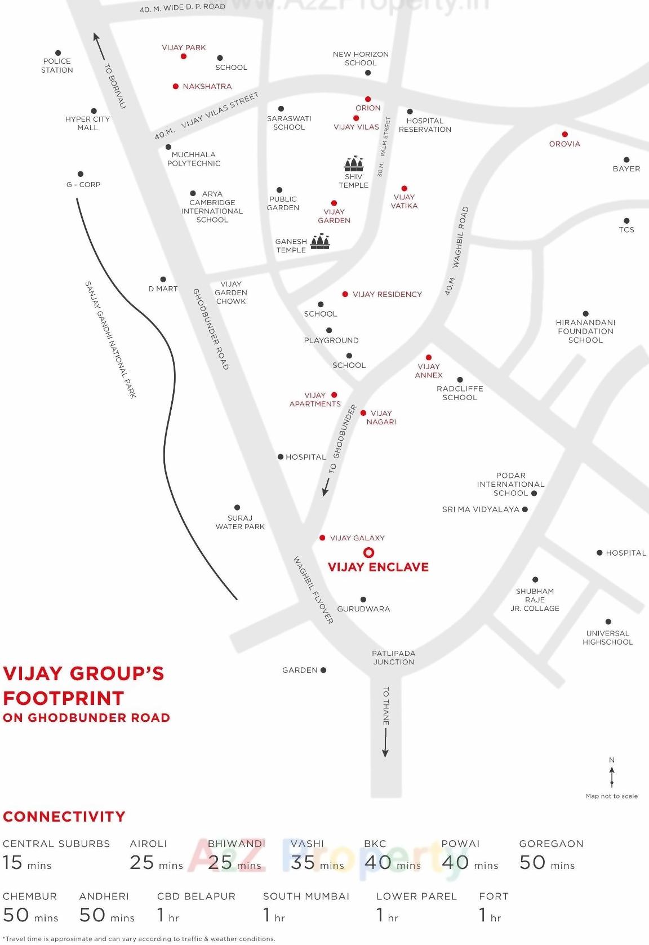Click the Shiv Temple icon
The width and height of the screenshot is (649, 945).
[x=354, y=163]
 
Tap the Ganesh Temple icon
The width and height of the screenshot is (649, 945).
[x=320, y=242]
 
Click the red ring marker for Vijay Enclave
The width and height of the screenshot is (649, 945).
[x=368, y=552]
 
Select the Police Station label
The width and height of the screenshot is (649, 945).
[x=57, y=65]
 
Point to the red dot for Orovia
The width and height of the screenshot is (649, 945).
[x=564, y=134]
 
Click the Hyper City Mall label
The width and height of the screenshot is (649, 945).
[x=87, y=123]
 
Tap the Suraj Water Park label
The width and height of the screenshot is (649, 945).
[x=240, y=522]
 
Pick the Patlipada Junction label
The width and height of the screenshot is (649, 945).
[x=394, y=658]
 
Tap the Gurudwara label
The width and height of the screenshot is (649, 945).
[x=363, y=609]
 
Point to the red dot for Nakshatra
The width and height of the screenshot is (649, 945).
[x=176, y=86]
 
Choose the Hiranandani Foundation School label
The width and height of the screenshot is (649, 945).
[x=585, y=331]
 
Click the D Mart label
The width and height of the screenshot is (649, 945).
[x=163, y=289]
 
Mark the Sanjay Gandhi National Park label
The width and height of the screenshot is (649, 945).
[x=110, y=339]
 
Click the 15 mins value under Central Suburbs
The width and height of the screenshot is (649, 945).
[x=27, y=863]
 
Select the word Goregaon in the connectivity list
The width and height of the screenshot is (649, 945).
[x=551, y=844]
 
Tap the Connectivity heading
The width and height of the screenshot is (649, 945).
[x=64, y=817]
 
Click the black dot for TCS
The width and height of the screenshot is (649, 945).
[x=626, y=221]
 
